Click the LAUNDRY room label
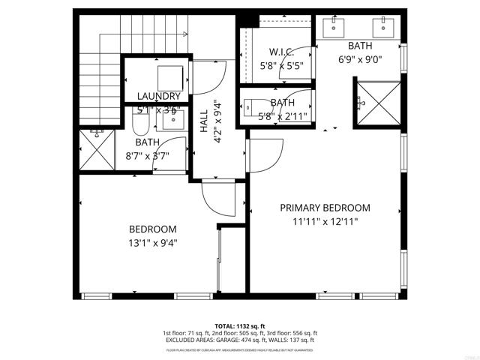tap(158, 96)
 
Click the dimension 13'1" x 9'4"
tap(152, 242)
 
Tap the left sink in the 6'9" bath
tap(334, 28)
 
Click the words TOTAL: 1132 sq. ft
tap(239, 326)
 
